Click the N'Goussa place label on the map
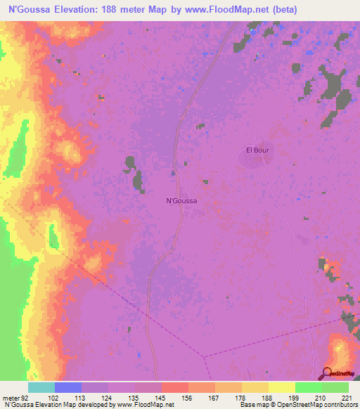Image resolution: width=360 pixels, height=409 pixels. [x=181, y=200]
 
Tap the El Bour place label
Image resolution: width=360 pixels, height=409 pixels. [x=257, y=150]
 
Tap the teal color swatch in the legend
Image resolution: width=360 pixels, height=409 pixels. [x=41, y=387]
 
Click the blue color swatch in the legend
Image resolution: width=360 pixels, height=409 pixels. [x=68, y=387]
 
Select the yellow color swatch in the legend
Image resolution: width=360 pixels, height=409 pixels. [x=281, y=387]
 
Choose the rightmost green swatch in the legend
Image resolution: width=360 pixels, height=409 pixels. [x=335, y=387]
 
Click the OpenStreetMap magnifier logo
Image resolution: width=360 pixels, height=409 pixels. [x=328, y=375]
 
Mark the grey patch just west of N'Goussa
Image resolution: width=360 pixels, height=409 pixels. [x=131, y=165]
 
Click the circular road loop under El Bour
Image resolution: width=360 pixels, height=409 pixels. [x=251, y=159]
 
